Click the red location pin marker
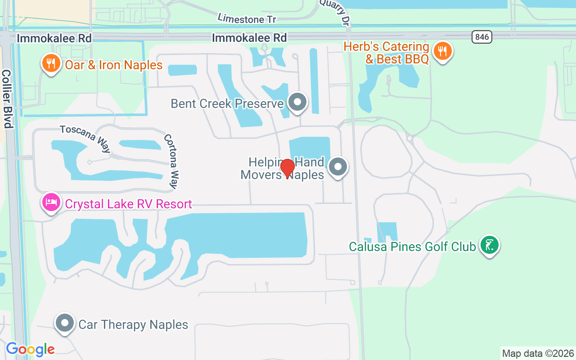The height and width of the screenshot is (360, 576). coord(288,168)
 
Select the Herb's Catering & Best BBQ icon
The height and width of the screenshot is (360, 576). coord(443,51)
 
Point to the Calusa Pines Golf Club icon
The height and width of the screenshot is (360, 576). coord(489,245)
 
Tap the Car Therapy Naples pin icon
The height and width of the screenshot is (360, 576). coord(65,323)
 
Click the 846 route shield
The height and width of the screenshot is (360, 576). coord(482,37)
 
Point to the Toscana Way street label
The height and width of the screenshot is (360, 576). coord(85,139)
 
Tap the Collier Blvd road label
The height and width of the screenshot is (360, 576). coord(7,99)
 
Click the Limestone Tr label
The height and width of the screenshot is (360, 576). coord(247,18)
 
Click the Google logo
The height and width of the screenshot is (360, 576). coord(30,349)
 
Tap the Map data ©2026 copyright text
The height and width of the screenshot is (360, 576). coord(538,353)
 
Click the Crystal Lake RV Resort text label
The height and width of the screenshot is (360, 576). coord(128,204)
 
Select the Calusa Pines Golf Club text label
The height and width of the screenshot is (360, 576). coord(412,247)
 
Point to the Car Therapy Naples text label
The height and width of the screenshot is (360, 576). coord(133,324)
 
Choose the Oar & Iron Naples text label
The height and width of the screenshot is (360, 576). coord(113,65)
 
